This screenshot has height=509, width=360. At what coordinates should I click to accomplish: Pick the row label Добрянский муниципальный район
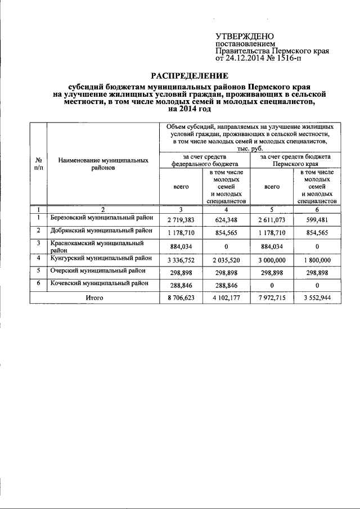tap(101, 231)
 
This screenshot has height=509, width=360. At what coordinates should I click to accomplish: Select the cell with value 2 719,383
tap(181, 219)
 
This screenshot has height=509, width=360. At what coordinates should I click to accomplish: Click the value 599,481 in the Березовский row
tap(317, 219)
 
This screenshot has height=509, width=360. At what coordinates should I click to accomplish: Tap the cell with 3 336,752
tap(181, 260)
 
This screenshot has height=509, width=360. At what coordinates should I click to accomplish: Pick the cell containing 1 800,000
tap(317, 260)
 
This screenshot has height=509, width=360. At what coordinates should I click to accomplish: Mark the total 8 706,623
tap(181, 298)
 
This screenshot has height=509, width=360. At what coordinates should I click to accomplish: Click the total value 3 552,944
tap(317, 298)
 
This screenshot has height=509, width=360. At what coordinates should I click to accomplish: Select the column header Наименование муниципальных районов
tap(103, 164)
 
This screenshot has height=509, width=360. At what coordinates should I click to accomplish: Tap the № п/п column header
tap(38, 164)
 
